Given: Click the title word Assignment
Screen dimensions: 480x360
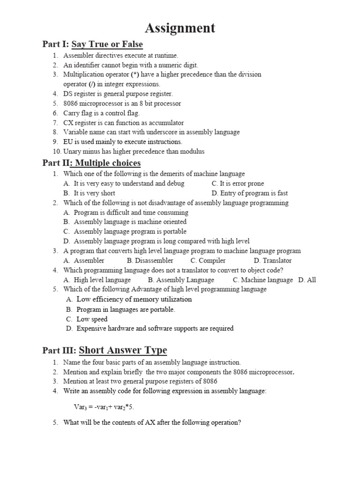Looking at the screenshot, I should tap(180, 28).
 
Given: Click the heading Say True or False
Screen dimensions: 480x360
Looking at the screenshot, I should tap(107, 45).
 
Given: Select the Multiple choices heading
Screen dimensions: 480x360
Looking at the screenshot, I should tap(108, 163).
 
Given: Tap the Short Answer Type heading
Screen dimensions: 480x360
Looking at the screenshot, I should tap(123, 351).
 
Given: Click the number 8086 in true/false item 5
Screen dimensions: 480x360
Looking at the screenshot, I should tap(71, 104).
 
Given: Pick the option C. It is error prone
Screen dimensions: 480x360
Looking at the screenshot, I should tap(238, 184).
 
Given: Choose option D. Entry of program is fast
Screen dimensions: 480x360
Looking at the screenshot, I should tap(249, 193).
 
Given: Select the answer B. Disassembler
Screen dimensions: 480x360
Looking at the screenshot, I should tap(150, 261).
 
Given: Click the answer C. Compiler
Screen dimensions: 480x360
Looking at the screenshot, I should tap(208, 261).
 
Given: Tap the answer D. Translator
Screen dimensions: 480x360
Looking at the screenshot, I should tap(273, 261).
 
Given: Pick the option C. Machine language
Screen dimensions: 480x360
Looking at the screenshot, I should tap(263, 280).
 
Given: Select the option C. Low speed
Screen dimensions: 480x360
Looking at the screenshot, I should tap(87, 319).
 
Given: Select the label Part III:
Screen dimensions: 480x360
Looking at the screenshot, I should tap(59, 351).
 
